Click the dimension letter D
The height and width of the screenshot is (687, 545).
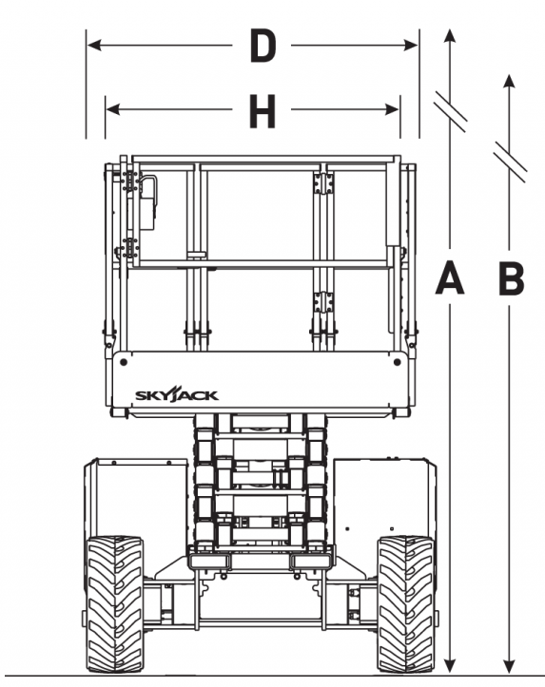point(263,45)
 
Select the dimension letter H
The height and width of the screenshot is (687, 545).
point(263,112)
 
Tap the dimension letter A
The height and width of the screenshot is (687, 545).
point(450,277)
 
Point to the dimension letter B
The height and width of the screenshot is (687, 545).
point(512,277)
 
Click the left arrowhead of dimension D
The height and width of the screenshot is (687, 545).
point(94,45)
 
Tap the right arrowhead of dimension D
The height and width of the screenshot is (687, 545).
point(411,45)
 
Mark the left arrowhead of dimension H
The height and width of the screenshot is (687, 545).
point(113,109)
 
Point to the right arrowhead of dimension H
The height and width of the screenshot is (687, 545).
point(392,109)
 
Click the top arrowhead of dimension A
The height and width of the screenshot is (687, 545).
point(450,36)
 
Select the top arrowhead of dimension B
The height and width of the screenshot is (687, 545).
point(509,82)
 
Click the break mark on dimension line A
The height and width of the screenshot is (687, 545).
point(450,112)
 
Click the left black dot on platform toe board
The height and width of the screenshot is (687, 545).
point(124,362)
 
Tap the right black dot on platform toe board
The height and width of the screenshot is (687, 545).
point(398,362)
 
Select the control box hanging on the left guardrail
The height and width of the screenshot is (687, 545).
point(148,202)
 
